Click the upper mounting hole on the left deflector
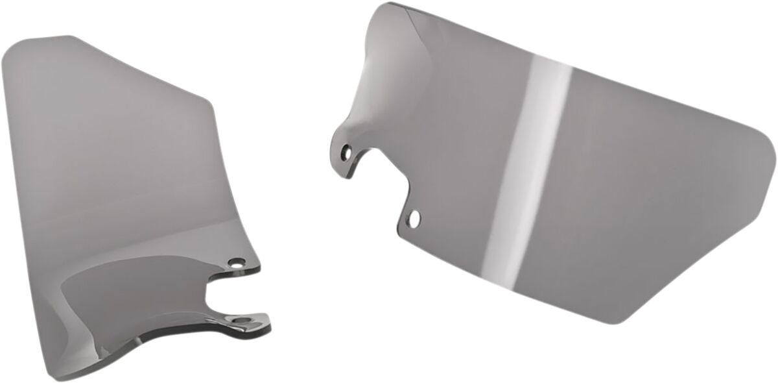coord(236,264)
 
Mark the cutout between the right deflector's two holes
coord(383,179)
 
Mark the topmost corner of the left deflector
coord(68,36)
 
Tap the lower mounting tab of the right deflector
coord(412,217)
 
